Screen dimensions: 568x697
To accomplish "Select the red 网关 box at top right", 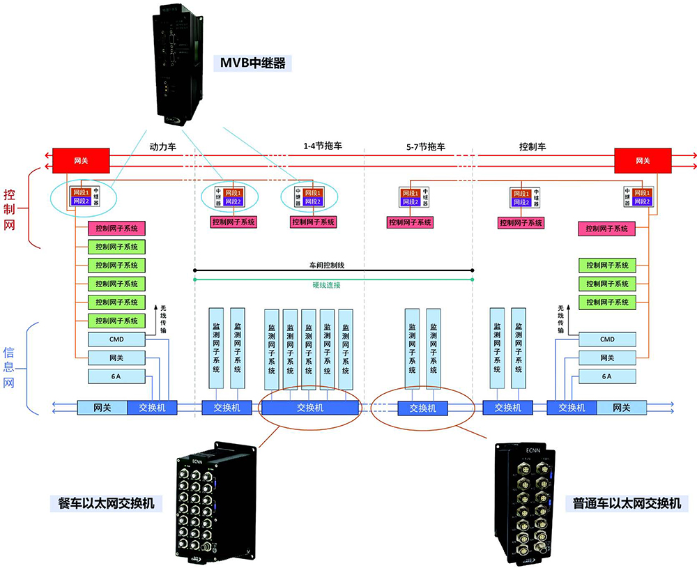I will pos(643,161).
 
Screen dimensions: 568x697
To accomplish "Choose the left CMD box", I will pos(116,339).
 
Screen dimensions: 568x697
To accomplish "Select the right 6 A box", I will pos(607,376).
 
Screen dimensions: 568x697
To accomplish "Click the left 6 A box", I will pos(116,376).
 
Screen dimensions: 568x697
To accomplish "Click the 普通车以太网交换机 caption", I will pos(627,503).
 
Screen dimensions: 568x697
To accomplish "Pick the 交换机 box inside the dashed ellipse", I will pos(422,408).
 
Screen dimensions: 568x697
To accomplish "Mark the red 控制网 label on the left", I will pos(9,208).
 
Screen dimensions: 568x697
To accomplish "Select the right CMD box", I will pos(607,339).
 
